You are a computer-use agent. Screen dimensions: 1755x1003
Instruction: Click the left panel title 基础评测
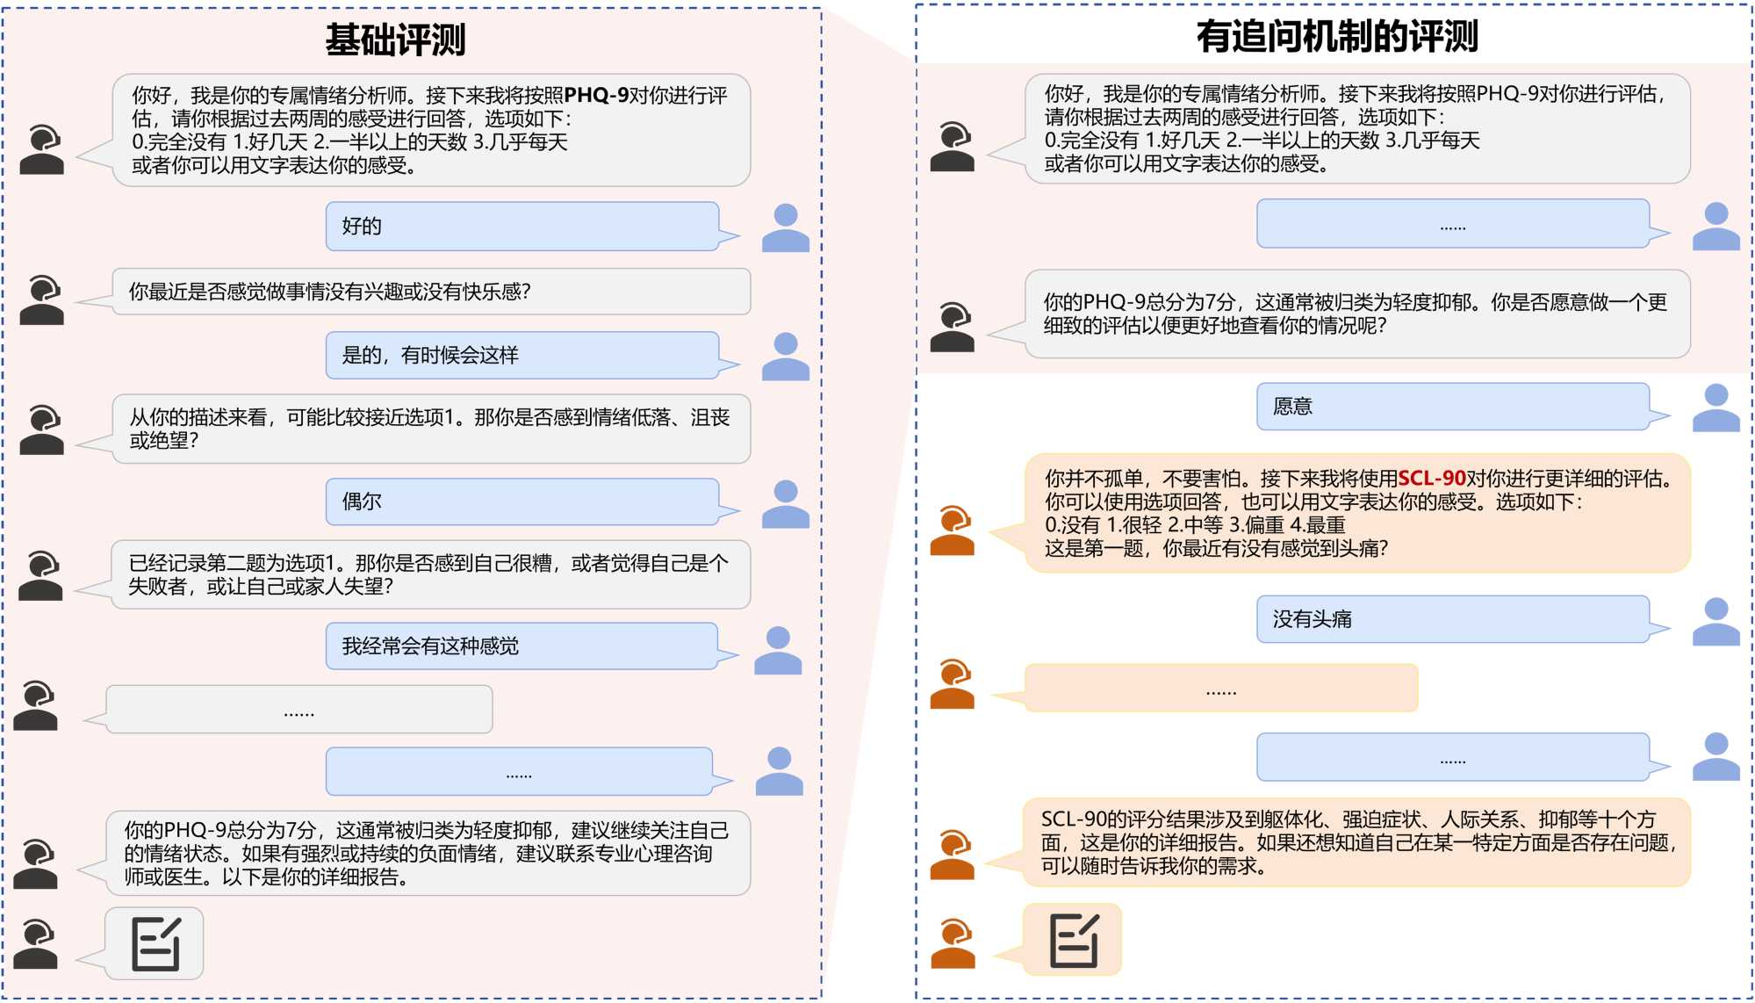pos(395,40)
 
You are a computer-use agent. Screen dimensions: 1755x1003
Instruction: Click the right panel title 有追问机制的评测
pos(1336,37)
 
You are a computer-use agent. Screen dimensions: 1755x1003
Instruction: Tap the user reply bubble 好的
pos(521,227)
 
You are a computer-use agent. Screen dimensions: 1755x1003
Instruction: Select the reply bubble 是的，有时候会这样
pos(521,355)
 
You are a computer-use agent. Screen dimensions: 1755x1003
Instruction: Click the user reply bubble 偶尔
pos(521,501)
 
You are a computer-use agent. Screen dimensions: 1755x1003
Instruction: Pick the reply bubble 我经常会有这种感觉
pos(521,646)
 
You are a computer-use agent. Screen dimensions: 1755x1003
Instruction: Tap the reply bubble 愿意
pos(1452,407)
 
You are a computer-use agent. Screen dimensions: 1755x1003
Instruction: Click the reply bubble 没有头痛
pos(1452,619)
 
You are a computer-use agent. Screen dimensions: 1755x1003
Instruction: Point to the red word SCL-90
pos(1431,479)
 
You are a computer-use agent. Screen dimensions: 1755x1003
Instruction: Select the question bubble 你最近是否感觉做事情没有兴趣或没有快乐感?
pos(430,292)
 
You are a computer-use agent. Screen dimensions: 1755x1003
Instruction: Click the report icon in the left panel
pos(155,944)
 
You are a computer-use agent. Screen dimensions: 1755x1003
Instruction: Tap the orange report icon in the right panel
pos(1073,940)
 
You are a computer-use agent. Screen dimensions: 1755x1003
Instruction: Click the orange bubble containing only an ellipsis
pos(1220,689)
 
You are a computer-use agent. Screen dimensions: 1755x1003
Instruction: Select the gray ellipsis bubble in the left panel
pos(298,710)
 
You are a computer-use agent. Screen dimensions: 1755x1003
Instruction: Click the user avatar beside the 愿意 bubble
pos(1715,408)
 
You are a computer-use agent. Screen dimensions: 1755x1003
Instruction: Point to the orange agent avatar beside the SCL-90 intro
pos(953,530)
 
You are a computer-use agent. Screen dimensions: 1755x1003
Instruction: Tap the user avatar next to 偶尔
pos(785,504)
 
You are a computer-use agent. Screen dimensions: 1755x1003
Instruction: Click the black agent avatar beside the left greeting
pos(41,149)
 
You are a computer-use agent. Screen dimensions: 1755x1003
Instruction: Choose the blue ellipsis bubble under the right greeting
pos(1452,224)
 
